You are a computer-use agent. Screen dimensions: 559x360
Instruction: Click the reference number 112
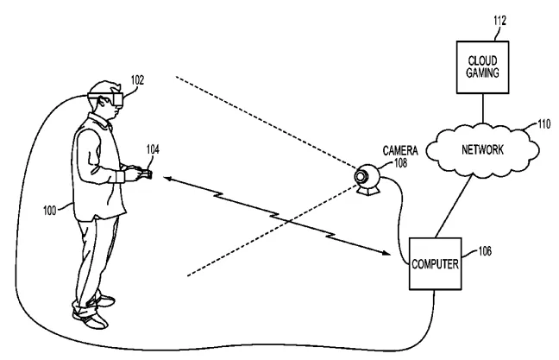pos(499,21)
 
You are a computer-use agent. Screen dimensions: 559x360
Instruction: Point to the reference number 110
pos(544,123)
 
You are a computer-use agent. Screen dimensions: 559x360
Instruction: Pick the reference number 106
pos(485,251)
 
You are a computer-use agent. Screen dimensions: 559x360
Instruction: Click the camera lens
pos(361,176)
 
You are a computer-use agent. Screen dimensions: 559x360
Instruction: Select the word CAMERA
pos(400,150)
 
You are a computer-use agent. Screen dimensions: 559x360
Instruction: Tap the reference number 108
pos(400,163)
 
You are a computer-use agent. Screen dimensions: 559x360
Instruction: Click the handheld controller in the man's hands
pos(146,174)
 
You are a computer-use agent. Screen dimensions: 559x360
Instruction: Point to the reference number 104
pos(153,149)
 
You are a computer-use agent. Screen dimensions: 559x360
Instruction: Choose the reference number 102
pos(137,80)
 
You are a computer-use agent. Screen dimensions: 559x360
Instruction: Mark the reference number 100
pos(49,211)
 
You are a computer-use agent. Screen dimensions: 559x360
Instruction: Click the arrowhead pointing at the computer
pos(386,253)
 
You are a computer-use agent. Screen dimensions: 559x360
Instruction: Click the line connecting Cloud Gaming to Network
pos(483,109)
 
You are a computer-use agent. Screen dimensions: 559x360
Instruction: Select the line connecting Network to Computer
pos(454,207)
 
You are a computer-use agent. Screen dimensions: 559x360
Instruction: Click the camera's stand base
pos(368,191)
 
